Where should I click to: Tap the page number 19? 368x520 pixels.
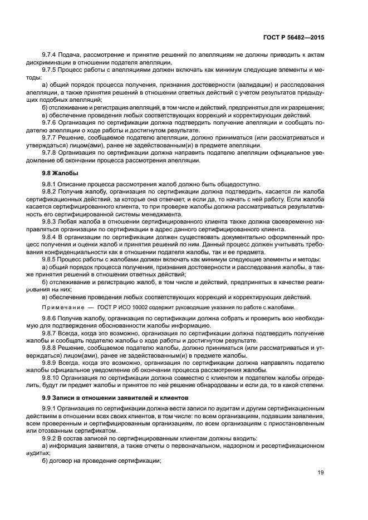pos(320,473)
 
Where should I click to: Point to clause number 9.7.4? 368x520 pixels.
pos(51,55)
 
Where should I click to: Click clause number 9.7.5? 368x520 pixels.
pos(51,70)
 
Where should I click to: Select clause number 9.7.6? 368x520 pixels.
pos(51,122)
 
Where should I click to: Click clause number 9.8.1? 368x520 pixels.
pos(51,185)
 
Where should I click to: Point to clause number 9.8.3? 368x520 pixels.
pos(51,221)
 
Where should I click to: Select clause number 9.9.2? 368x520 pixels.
pos(51,438)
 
